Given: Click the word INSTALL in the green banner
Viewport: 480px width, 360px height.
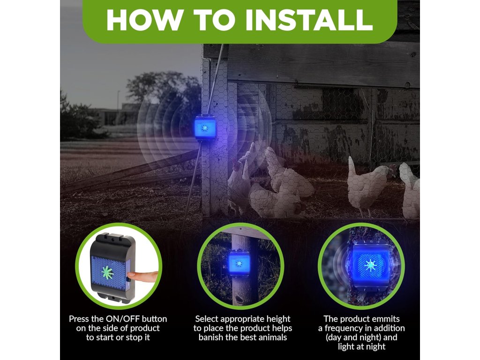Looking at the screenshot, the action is (x=309, y=20).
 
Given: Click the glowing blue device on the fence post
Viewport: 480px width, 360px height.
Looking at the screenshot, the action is (x=205, y=127).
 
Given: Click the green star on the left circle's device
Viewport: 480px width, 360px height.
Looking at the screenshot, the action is (x=107, y=273).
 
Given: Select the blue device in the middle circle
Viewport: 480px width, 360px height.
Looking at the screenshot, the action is (x=239, y=263).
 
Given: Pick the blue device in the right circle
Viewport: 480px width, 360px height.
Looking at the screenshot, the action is (x=370, y=265).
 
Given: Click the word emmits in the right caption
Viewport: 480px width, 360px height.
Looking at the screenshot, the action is (x=384, y=319).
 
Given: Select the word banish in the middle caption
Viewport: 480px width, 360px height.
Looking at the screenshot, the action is (x=211, y=337).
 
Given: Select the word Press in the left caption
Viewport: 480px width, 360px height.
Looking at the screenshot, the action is (x=78, y=319).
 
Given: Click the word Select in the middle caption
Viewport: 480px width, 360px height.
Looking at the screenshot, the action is (x=207, y=319).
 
